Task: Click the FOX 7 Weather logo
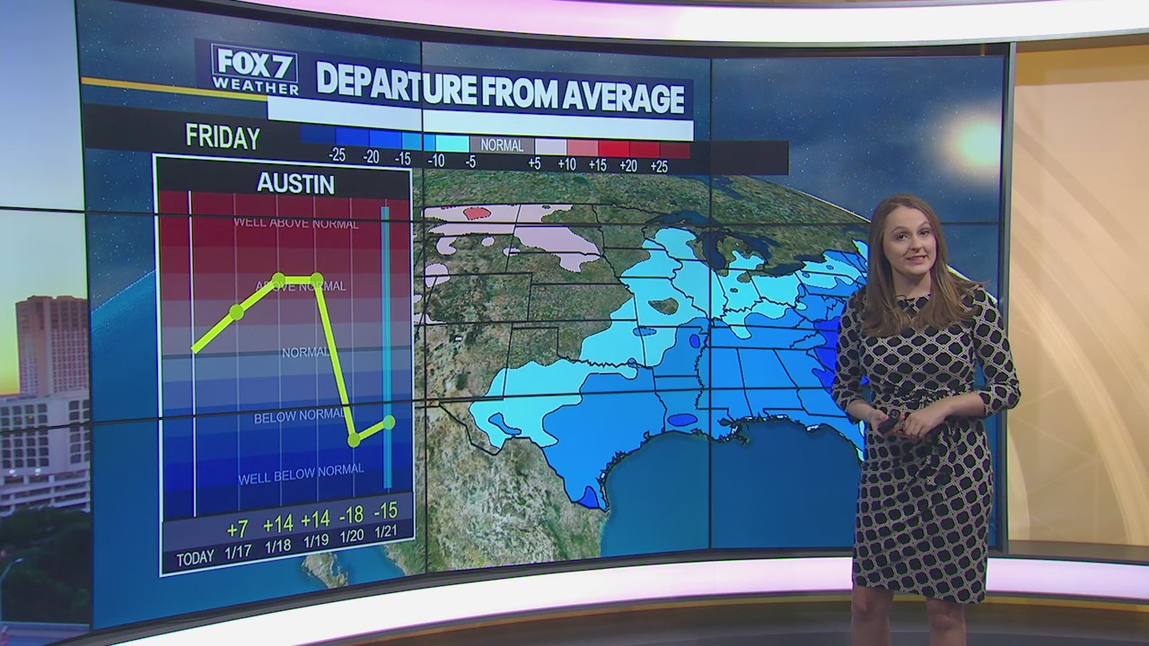click(254, 69)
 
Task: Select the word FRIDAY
click(223, 137)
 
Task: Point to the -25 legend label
click(337, 156)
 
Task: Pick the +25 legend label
click(659, 165)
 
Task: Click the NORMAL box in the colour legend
click(502, 144)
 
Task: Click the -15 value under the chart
click(386, 511)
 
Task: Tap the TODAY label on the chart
click(195, 559)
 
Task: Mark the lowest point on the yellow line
click(354, 440)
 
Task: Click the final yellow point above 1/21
click(389, 421)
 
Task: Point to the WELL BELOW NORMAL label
click(301, 474)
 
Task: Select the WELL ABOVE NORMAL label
click(295, 223)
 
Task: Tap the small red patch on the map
click(478, 213)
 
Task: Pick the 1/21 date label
click(386, 530)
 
